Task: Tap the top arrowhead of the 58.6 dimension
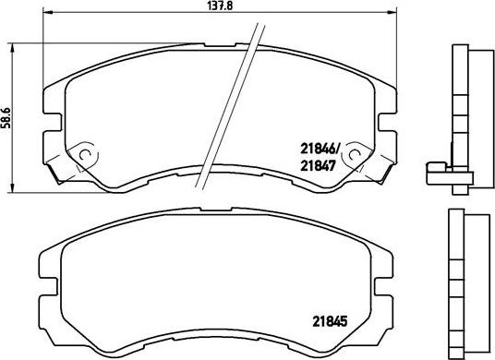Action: tap(10, 44)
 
